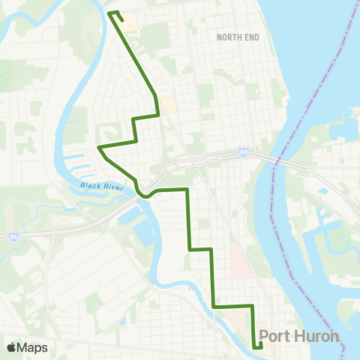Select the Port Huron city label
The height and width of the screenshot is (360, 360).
point(298,336)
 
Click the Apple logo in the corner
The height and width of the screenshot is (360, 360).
point(11,348)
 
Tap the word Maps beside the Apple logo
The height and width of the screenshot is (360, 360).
point(33,348)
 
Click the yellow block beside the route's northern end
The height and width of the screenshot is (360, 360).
point(129,25)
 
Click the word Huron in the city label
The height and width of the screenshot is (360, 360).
point(313,336)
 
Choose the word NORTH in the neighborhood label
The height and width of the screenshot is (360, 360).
point(226,37)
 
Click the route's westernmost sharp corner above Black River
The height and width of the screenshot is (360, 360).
point(99,147)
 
